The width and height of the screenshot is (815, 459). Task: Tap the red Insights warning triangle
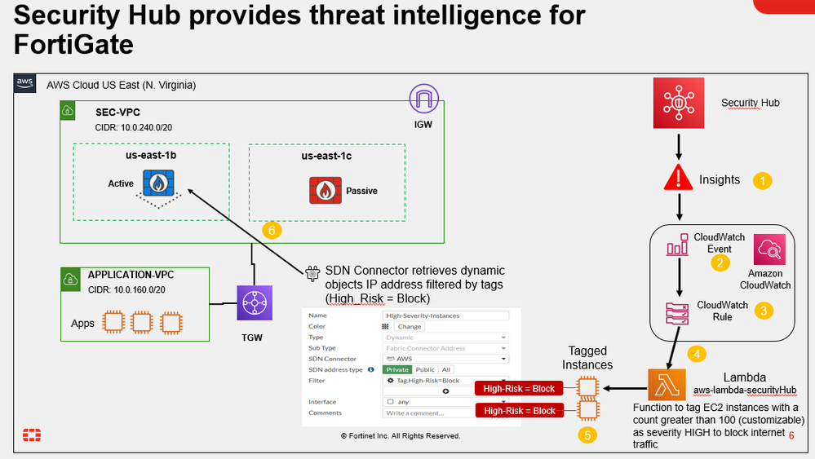click(x=679, y=178)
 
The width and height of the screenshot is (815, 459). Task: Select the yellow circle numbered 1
click(x=761, y=180)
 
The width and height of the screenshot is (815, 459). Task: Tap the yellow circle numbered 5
click(x=587, y=435)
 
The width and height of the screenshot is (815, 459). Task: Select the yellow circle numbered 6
click(x=272, y=231)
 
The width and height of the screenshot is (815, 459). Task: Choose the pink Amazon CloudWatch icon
click(x=771, y=248)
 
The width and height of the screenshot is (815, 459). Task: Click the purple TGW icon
click(x=253, y=303)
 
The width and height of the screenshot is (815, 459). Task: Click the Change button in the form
click(x=409, y=326)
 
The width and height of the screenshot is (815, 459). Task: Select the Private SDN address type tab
click(x=399, y=369)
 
